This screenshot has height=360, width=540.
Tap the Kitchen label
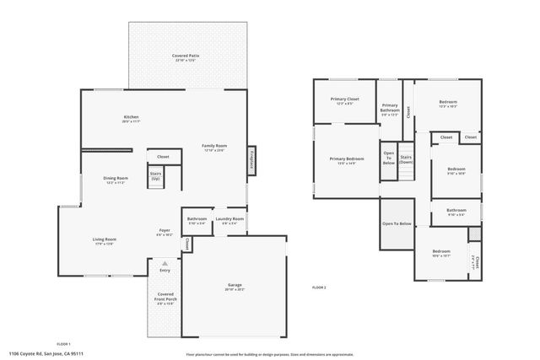tap(131, 118)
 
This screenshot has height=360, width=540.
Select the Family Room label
tap(214, 148)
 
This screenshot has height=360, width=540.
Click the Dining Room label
tap(116, 180)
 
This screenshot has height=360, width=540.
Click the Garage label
tap(235, 287)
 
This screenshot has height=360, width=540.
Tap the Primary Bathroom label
tap(389, 109)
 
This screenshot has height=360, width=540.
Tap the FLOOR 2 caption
tap(319, 287)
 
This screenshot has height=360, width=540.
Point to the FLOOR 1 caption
tap(63, 344)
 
